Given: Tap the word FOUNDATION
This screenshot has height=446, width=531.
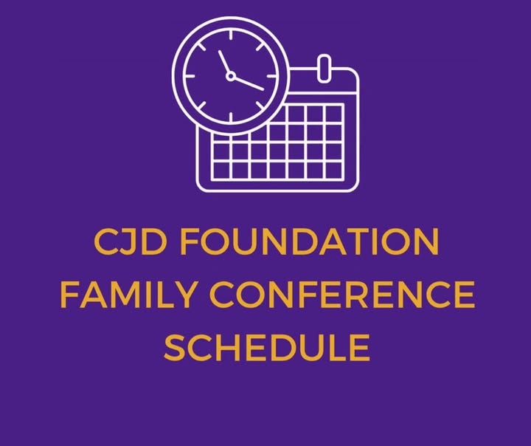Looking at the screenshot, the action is coord(309,241).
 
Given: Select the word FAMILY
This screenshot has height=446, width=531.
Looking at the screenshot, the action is coord(128,295).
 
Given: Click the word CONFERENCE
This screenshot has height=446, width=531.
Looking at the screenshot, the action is coord(342,295).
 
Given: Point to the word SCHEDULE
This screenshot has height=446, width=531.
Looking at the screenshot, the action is coord(267,347).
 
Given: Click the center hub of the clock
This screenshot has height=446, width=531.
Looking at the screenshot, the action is coord(231,76).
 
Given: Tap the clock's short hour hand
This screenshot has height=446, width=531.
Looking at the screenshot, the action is coord(224,62).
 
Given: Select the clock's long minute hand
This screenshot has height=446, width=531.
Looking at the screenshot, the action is coord(249,83).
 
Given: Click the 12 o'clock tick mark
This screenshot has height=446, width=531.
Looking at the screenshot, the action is coord(231,35).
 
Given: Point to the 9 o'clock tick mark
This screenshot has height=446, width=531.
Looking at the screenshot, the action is coord(190,76).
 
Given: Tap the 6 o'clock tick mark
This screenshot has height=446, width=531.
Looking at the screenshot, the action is coord(231,117).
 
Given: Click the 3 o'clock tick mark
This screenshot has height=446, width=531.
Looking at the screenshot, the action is coord(271,76).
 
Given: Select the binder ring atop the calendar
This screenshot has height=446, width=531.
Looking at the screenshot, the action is coord(324,68).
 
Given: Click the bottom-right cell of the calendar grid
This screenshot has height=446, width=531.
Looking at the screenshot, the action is coord(333,171).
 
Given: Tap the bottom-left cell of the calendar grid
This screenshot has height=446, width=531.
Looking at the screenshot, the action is coord(221,171).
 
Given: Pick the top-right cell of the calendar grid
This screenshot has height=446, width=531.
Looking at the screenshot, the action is coord(333,114).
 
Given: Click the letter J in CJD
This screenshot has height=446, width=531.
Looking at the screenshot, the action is coord(129,241).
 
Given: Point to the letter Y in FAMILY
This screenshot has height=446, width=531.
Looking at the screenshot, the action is coord(185,295).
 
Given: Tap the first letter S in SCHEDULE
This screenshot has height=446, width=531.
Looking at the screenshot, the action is coord(175,347).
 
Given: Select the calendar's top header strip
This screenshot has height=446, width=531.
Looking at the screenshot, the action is coord(324,80).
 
